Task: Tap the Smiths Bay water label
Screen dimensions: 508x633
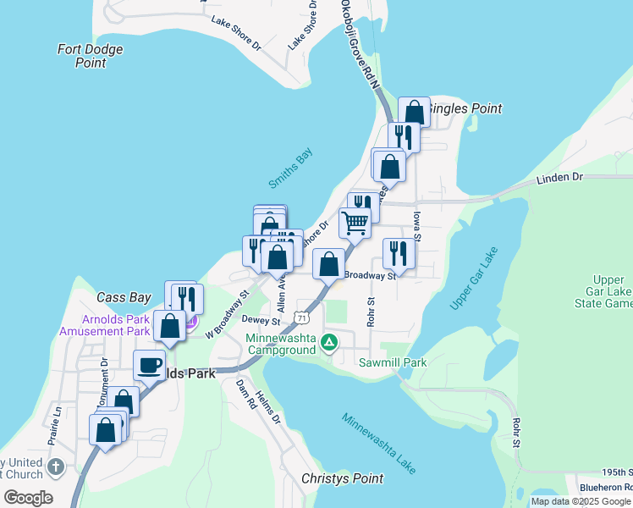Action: [x=291, y=169]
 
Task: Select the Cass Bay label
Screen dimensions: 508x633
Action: [x=124, y=297]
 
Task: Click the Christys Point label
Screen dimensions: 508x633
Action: [x=343, y=478]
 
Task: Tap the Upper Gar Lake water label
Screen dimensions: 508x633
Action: [x=475, y=279]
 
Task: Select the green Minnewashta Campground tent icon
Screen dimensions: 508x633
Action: [x=330, y=343]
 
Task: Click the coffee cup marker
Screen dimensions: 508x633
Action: [x=150, y=365]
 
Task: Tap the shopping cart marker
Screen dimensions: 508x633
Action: [x=355, y=223]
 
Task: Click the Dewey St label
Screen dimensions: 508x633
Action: [x=261, y=322]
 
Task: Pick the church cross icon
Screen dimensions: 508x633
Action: [x=56, y=467]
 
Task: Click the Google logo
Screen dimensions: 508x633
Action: [x=29, y=497]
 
